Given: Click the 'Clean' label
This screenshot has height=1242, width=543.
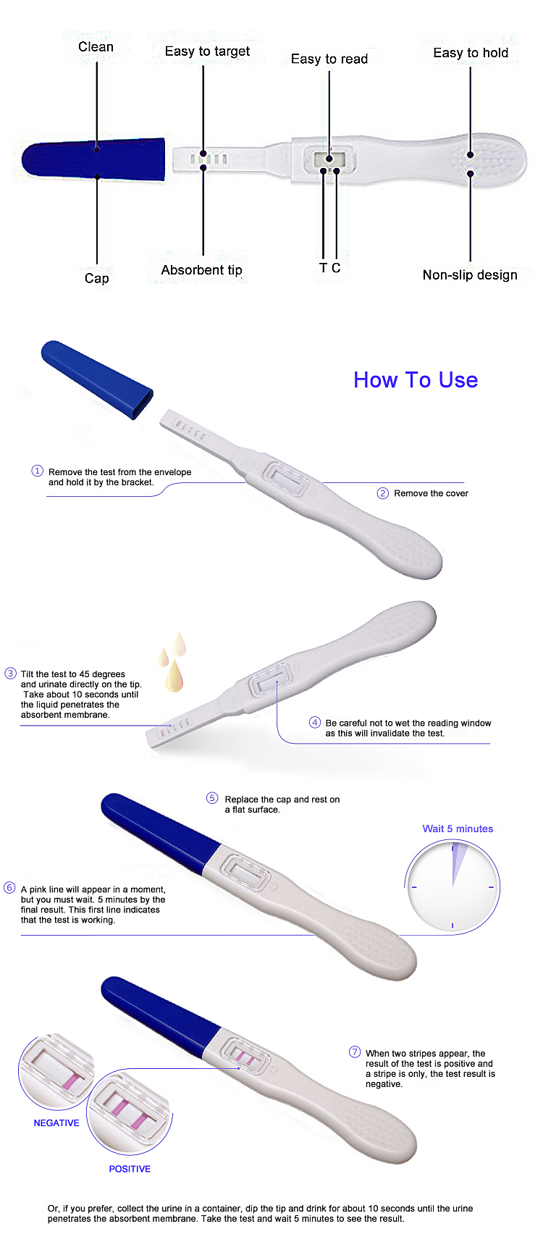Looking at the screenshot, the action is [96, 47].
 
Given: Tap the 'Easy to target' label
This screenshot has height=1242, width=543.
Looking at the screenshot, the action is [207, 51].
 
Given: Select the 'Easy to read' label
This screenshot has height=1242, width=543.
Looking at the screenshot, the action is [329, 59].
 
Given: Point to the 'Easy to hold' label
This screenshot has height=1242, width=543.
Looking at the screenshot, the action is [471, 53].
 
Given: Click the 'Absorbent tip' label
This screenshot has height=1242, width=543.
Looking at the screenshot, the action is [201, 270].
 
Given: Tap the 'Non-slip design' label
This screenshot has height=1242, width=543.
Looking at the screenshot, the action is [470, 275].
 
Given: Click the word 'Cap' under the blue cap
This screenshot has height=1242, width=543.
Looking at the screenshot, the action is [97, 279].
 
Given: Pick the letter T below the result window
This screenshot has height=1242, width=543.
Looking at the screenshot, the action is [323, 268].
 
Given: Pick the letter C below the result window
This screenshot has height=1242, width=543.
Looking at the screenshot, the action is [336, 268].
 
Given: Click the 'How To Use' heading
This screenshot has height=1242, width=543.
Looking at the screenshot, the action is [416, 380].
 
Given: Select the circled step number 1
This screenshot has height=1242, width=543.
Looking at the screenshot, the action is [38, 471].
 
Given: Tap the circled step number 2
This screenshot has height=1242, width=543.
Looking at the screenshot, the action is [383, 493].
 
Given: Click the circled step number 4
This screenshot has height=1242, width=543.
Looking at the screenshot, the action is [315, 722].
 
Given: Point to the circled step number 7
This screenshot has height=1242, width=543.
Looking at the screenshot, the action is [355, 1052].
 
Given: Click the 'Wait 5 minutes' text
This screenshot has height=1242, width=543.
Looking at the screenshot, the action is [458, 829].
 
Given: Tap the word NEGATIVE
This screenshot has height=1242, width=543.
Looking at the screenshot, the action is [56, 1123].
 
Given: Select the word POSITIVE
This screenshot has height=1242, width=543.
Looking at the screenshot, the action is [130, 1169].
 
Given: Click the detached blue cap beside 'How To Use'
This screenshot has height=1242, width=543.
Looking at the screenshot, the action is [97, 379].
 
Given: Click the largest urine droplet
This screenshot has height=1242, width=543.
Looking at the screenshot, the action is [174, 676].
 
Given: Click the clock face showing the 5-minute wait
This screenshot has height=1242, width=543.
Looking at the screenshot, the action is [452, 886].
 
